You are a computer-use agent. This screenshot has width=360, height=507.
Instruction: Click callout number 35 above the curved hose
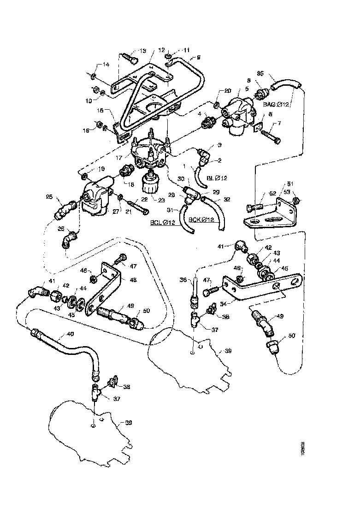(x=272, y=73)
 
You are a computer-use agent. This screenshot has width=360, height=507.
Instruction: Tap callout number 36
(x=183, y=279)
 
